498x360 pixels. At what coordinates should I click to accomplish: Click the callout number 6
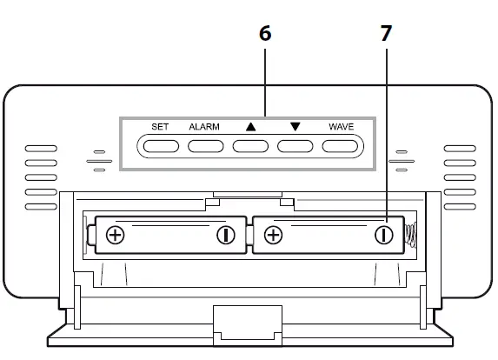[x=265, y=34]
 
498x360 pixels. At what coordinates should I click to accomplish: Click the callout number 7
[x=386, y=34]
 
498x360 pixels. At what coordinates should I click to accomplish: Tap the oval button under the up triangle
[x=250, y=144]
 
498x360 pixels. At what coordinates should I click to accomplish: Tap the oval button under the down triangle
[x=295, y=144]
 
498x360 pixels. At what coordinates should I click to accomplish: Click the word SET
[x=160, y=126]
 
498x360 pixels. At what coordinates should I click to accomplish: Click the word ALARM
[x=204, y=126]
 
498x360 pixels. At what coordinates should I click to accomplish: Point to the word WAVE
[x=341, y=126]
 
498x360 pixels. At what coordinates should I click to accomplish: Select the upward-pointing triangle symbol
[x=251, y=126]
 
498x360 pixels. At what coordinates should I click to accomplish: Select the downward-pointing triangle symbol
[x=295, y=126]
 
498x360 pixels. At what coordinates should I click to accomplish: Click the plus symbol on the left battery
[x=116, y=234]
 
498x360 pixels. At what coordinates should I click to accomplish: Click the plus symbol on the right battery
[x=273, y=234]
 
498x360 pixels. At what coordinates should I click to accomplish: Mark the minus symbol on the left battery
[x=226, y=234]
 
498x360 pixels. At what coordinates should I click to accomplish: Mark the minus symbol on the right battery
[x=383, y=234]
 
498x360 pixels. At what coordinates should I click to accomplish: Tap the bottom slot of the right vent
[x=460, y=205]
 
